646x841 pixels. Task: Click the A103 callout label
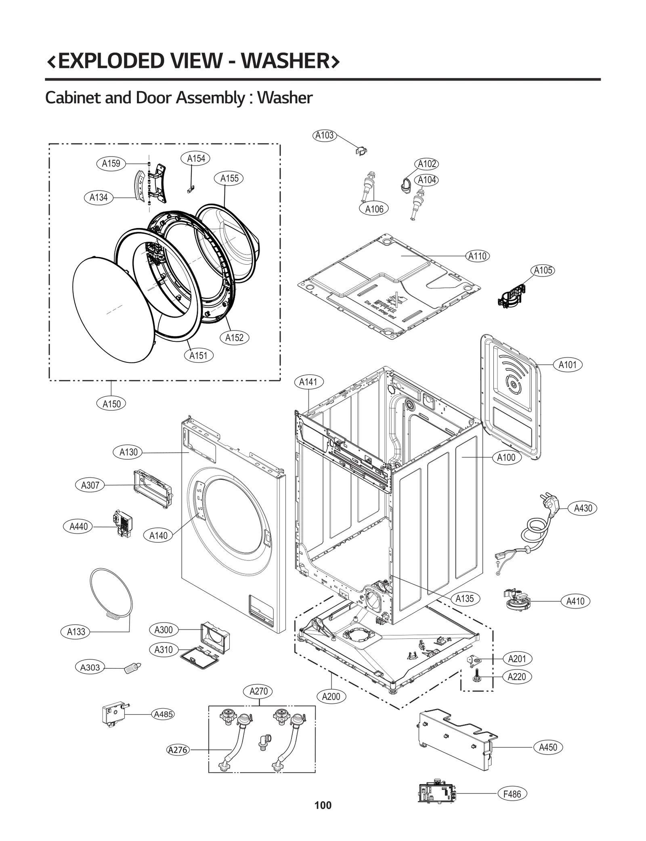click(325, 135)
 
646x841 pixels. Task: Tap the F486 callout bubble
click(512, 794)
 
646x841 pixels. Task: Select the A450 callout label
click(548, 747)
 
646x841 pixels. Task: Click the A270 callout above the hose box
click(258, 691)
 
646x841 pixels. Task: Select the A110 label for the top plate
click(478, 256)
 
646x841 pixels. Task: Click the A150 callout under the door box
click(111, 404)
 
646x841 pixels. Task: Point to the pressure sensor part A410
click(517, 599)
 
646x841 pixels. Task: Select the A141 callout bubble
click(308, 382)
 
